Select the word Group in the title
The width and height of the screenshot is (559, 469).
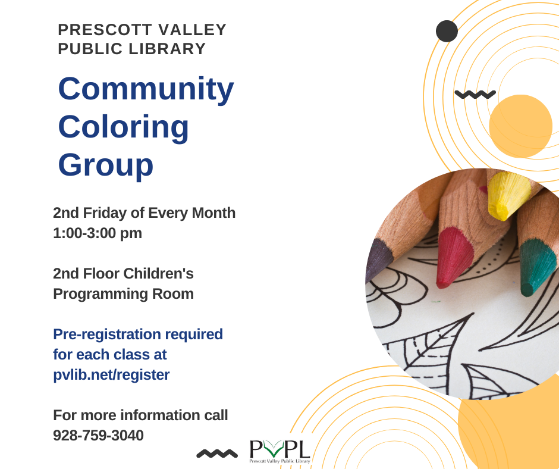(105, 165)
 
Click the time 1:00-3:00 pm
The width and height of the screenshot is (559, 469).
(98, 233)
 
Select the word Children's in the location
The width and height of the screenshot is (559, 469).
(158, 273)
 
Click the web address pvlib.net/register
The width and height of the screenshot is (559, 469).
(111, 374)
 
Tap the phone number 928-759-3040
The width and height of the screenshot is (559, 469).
(98, 435)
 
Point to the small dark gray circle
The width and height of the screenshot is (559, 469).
(447, 31)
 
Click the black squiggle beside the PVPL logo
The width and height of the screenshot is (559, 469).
(216, 454)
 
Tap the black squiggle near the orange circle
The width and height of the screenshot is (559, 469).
(475, 94)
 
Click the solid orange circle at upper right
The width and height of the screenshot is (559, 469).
(520, 126)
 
